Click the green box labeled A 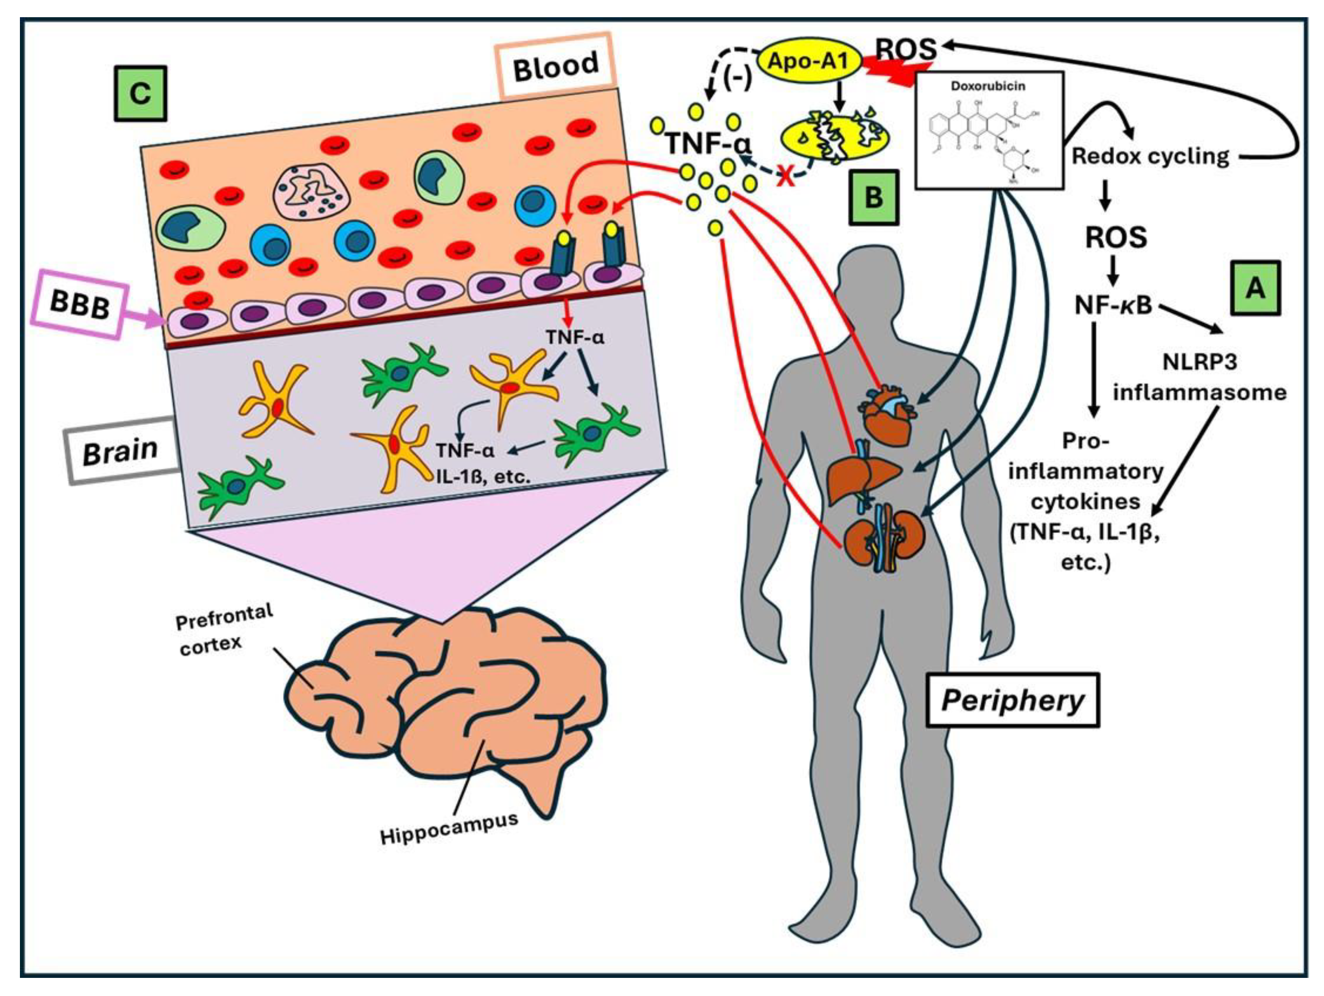(1255, 288)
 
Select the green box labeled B (874, 197)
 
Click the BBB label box (80, 305)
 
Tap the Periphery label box (1013, 700)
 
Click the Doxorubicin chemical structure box (989, 130)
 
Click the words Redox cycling (1150, 156)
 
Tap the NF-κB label (1112, 305)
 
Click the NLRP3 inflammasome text (1199, 377)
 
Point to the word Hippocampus (449, 829)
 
